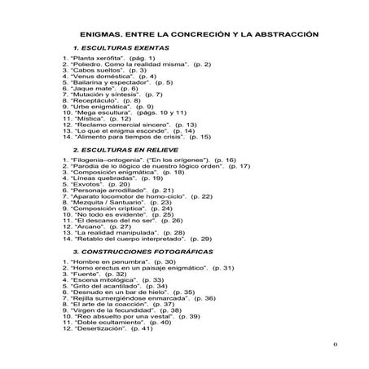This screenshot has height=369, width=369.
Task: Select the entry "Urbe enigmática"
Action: click(100, 107)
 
